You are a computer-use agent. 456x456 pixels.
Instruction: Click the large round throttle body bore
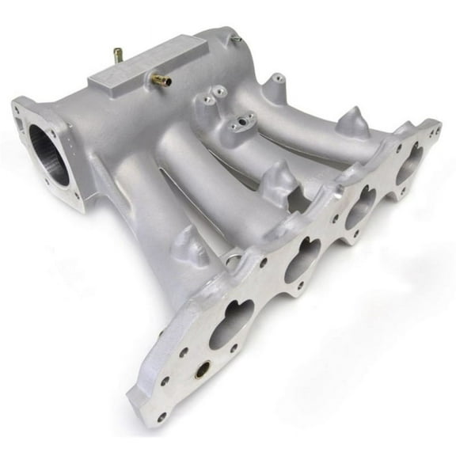pyautogui.click(x=49, y=154)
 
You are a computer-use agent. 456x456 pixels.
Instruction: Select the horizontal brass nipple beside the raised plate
pyautogui.click(x=162, y=79)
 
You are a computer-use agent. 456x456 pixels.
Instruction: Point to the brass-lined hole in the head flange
pyautogui.click(x=203, y=369)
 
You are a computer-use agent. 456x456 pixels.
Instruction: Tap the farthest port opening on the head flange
pyautogui.click(x=410, y=163)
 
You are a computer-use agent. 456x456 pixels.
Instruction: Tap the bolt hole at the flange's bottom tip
pyautogui.click(x=161, y=416)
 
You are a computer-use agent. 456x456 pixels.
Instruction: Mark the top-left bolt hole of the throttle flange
pyautogui.click(x=17, y=108)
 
